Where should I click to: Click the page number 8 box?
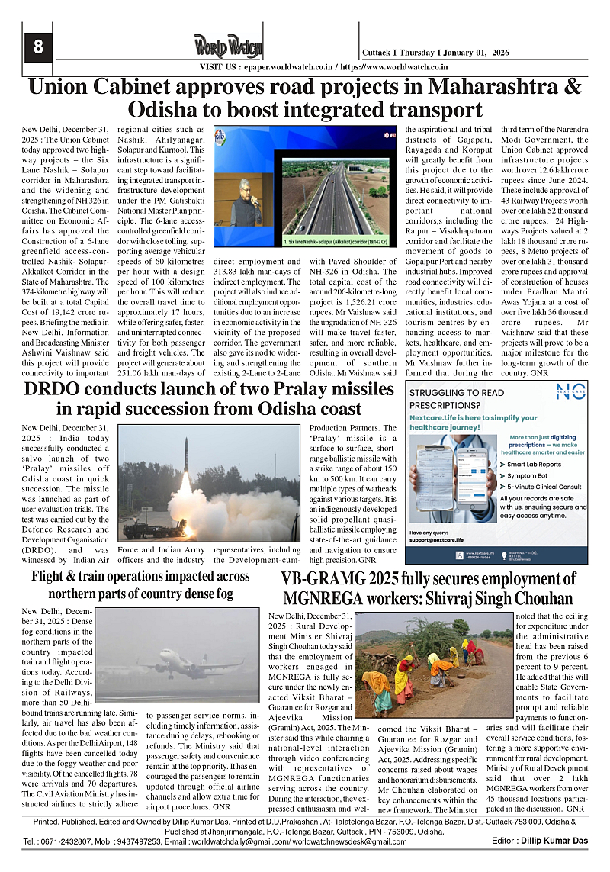pyautogui.click(x=37, y=47)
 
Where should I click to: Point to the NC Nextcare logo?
pyautogui.click(x=569, y=392)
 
